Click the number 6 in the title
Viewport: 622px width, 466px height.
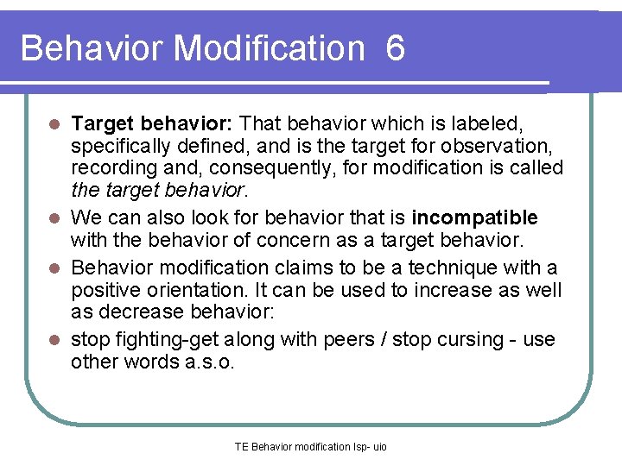(396, 48)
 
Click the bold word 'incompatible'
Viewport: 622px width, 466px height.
(475, 217)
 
